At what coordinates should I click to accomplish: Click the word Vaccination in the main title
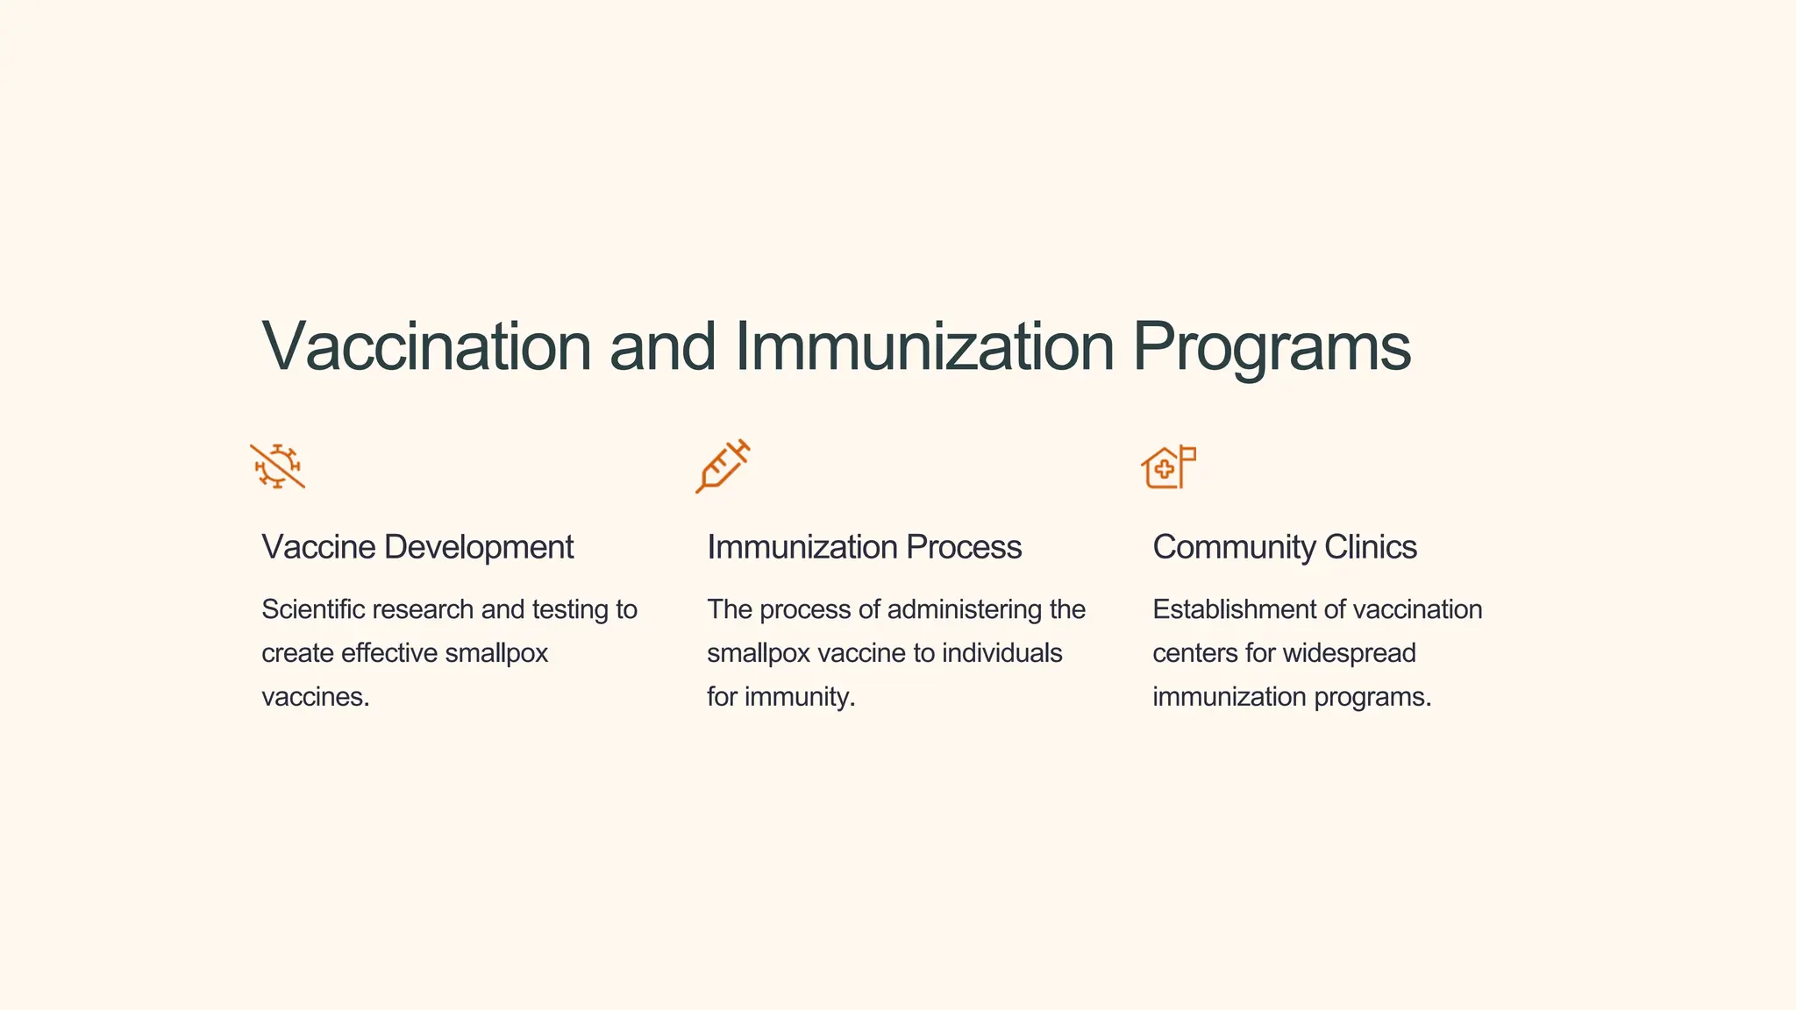click(x=427, y=346)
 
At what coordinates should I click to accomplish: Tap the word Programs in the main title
click(x=1272, y=346)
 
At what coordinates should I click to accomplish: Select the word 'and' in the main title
click(x=663, y=346)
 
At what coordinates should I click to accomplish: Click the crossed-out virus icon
click(x=277, y=466)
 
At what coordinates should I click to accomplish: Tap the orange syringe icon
click(x=723, y=466)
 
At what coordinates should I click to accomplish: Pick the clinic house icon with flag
click(x=1168, y=466)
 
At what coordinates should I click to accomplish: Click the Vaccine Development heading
click(x=417, y=547)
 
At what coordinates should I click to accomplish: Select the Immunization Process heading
click(x=864, y=547)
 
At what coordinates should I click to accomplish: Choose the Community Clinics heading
click(x=1284, y=547)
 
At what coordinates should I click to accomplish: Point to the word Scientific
click(x=312, y=609)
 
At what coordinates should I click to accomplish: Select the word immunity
click(x=799, y=697)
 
